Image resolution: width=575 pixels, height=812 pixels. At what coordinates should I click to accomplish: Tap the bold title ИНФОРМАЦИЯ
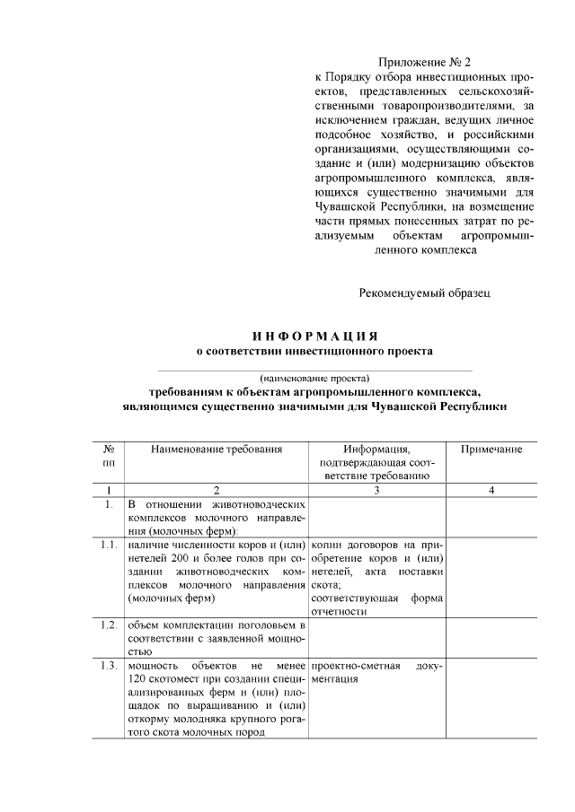314,335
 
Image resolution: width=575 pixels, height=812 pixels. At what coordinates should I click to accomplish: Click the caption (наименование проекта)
314,378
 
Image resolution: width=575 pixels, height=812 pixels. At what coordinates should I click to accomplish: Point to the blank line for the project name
314,368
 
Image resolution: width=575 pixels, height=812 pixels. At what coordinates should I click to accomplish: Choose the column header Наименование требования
217,449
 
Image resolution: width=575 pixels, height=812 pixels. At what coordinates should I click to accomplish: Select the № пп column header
108,455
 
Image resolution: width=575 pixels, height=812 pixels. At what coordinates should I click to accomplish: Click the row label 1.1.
109,544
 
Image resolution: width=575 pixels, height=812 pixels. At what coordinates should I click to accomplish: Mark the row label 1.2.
109,624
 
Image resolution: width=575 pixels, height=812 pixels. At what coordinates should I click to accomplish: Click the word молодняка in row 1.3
211,719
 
